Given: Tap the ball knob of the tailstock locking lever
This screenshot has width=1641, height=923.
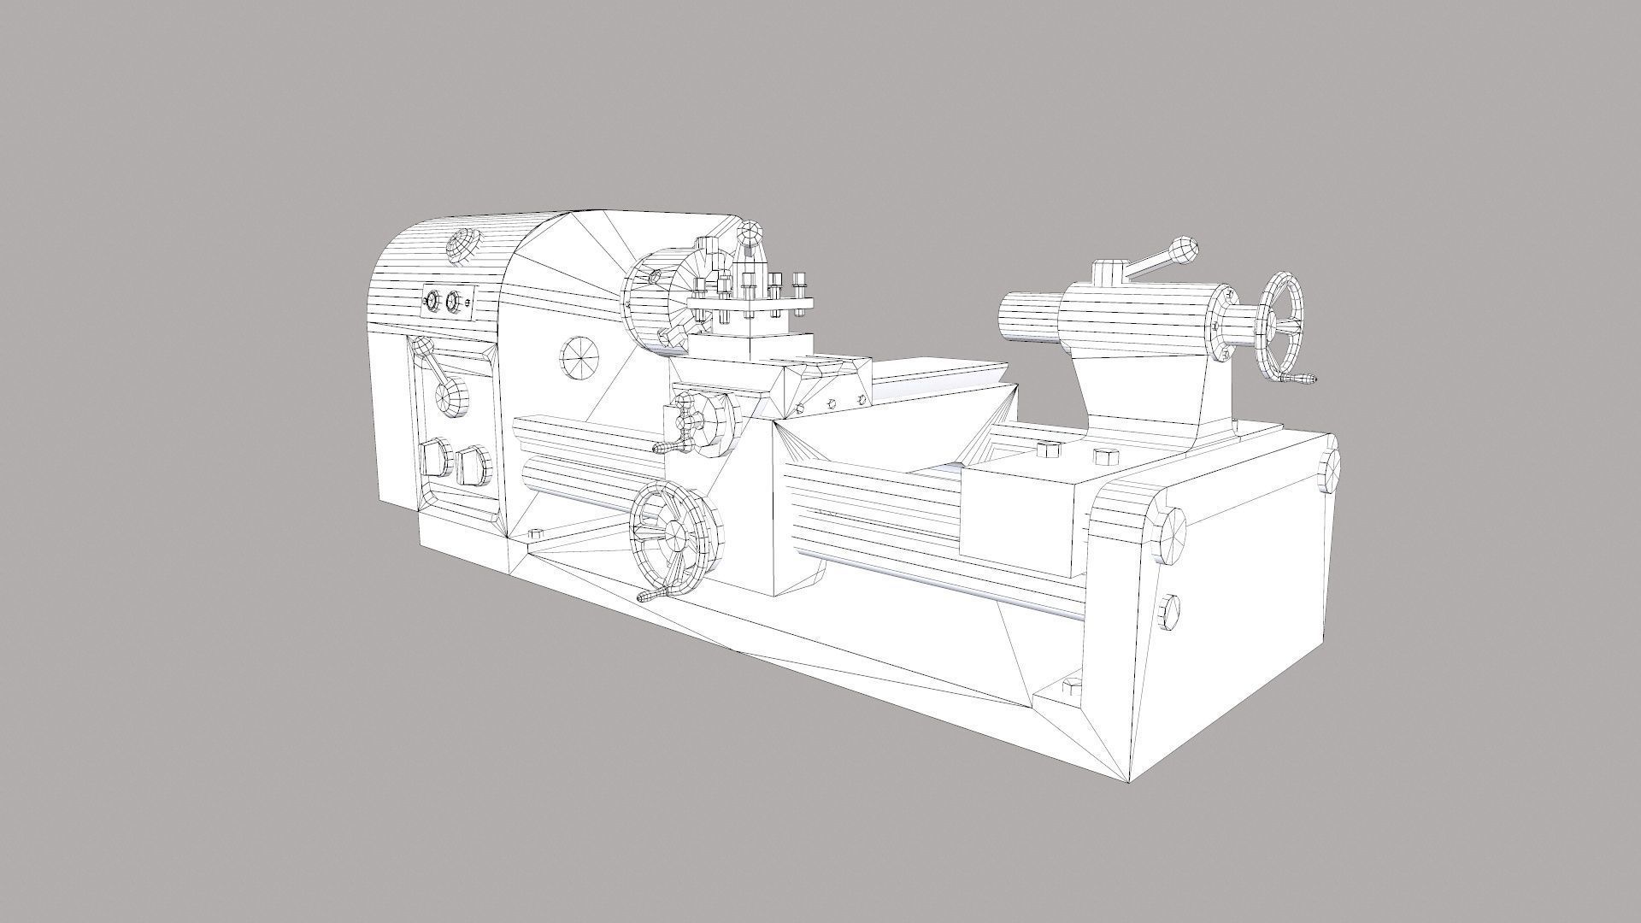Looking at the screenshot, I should pos(1183,250).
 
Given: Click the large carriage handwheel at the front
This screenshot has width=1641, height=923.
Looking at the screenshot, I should pos(672,536).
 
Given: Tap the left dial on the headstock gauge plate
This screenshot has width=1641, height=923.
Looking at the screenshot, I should pos(431,302).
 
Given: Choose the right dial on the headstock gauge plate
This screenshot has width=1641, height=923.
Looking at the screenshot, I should pos(453,302).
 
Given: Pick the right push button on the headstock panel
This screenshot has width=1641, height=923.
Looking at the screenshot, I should pos(473,467).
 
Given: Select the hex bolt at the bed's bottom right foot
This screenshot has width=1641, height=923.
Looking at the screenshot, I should pos(1068,687).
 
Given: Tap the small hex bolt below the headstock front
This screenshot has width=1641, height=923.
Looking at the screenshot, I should pos(537,533).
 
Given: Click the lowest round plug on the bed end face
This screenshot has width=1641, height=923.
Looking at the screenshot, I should pos(1170,613).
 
